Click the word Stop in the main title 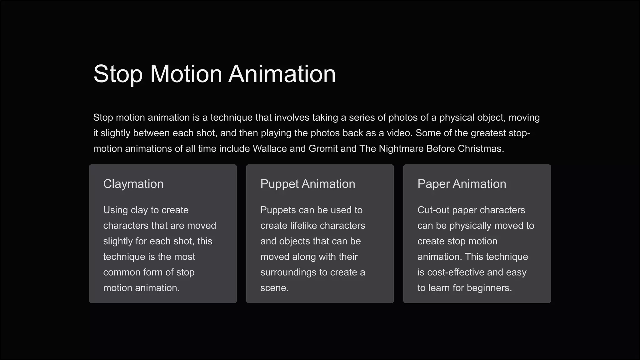(118, 74)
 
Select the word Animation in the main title (282, 74)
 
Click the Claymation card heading (133, 184)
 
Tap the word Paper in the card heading (433, 184)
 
